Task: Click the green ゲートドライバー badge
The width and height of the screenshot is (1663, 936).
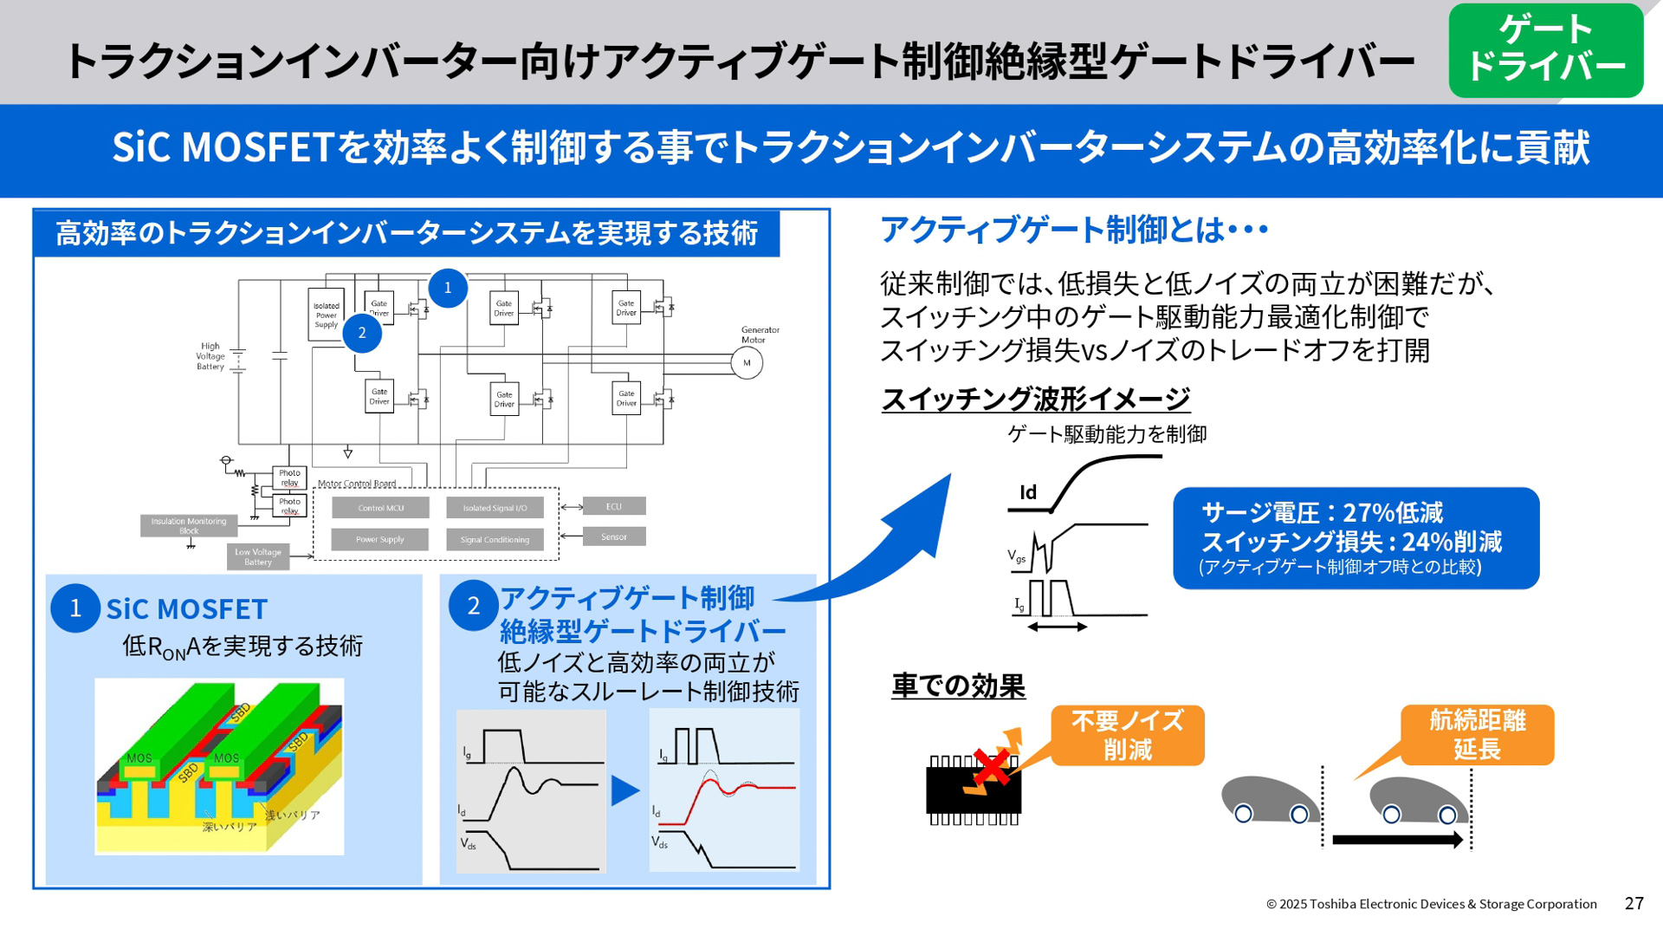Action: [x=1545, y=50]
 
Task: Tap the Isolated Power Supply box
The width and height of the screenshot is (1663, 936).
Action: [x=326, y=315]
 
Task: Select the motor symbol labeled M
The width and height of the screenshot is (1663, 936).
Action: [x=747, y=363]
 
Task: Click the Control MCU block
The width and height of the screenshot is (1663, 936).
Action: [x=380, y=508]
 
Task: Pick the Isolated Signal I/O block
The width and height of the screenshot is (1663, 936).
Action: [x=495, y=508]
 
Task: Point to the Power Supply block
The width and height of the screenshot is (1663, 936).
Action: [x=379, y=539]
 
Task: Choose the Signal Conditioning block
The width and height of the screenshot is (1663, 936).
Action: [x=495, y=539]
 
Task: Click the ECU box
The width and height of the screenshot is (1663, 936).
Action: [x=613, y=506]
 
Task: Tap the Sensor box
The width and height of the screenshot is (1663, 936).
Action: [x=613, y=536]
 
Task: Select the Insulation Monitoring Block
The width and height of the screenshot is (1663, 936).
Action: [x=189, y=525]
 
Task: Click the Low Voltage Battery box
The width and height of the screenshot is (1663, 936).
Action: [x=258, y=556]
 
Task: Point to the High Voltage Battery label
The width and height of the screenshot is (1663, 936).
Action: [x=210, y=356]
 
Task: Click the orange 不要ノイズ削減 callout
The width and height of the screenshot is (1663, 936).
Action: [x=1127, y=735]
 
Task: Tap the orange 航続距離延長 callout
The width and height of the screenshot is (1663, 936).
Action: [x=1477, y=734]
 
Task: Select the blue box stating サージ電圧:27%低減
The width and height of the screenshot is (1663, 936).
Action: [x=1356, y=538]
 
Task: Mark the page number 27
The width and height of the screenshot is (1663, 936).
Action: [x=1634, y=903]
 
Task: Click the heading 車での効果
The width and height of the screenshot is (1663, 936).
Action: [x=958, y=686]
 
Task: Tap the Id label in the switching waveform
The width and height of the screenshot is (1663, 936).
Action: [x=1028, y=492]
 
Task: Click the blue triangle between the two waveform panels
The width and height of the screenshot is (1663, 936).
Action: [x=624, y=790]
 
